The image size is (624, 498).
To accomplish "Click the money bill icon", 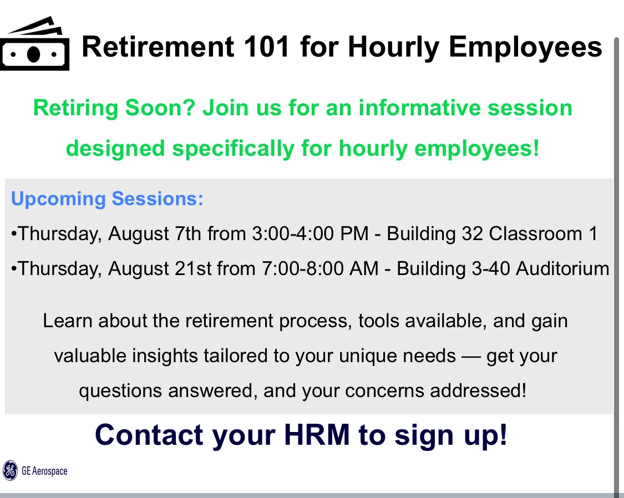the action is click(34, 44).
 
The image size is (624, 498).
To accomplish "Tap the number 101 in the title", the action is click(266, 47).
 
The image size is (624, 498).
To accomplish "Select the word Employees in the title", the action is click(525, 48).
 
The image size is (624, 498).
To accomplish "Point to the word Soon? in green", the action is click(160, 108).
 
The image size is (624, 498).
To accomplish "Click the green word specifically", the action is click(233, 149).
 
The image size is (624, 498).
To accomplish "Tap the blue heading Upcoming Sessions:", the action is click(107, 199).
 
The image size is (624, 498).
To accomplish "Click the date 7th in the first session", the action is click(188, 233).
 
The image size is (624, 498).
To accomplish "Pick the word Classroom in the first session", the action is click(536, 233).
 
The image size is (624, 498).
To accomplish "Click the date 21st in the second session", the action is click(193, 268).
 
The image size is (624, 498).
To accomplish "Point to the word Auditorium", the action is click(563, 268).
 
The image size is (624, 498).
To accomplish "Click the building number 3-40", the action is click(491, 268).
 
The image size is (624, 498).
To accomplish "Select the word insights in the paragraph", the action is click(165, 355).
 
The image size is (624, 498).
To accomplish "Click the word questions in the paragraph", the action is click(120, 391).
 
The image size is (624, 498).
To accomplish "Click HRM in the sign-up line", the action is click(317, 435).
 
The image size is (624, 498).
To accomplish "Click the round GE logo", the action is click(10, 471).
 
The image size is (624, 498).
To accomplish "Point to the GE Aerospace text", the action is click(44, 471).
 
